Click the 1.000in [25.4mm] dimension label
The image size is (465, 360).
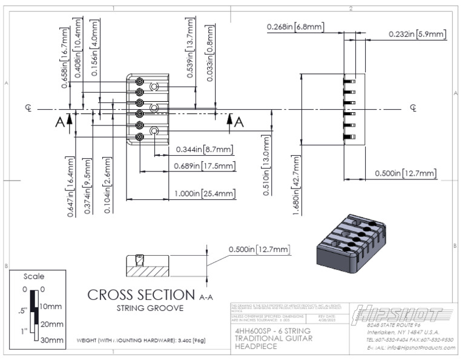[x=204, y=193]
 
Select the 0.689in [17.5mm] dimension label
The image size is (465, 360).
[x=205, y=165]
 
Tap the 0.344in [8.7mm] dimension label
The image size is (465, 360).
[x=205, y=149]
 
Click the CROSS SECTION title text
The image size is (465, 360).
[x=147, y=295]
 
